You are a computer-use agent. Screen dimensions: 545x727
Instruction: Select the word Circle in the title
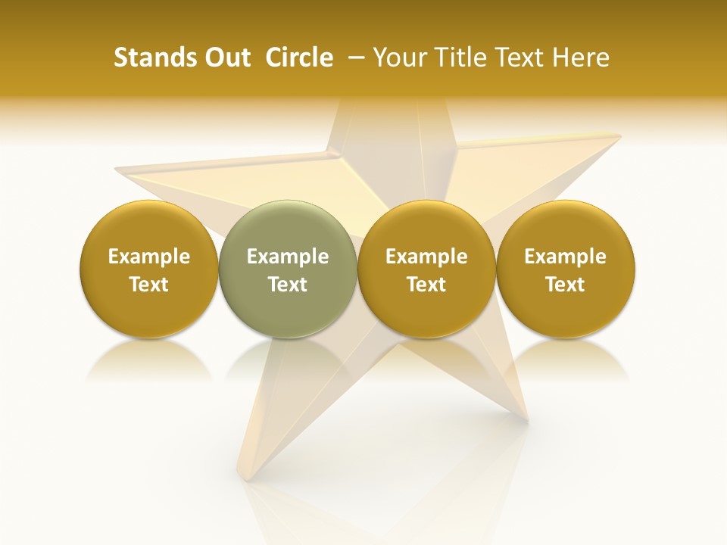299,58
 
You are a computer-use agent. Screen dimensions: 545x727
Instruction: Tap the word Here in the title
581,58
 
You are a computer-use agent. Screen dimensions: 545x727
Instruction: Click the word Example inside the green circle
288,257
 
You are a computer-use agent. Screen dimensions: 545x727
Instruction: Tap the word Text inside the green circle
288,285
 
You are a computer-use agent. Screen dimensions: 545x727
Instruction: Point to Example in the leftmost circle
148,257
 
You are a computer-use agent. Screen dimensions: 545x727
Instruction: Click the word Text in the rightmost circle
566,285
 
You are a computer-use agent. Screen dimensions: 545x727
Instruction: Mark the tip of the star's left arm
117,167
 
